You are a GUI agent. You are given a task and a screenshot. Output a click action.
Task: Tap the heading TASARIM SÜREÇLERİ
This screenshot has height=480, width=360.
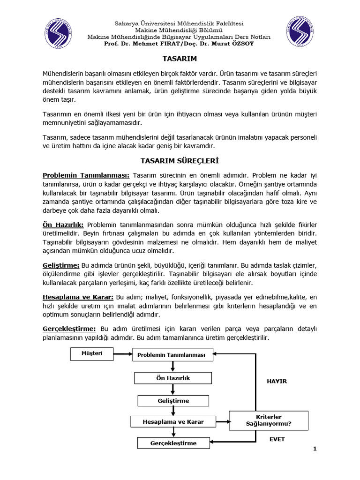tap(180, 160)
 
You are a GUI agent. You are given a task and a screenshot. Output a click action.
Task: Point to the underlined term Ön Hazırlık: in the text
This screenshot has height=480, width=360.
tap(63, 225)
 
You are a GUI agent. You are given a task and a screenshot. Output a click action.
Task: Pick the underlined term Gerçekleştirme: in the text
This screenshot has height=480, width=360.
tap(69, 329)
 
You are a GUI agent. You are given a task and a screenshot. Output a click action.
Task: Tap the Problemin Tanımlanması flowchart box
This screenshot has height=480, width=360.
tap(171, 355)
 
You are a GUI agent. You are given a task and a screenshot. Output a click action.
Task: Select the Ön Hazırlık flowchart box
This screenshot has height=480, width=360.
tap(173, 378)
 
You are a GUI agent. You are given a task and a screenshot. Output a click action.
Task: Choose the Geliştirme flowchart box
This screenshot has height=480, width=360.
tap(173, 401)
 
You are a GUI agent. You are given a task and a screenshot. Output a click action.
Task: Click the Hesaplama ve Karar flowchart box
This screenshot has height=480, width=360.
tap(173, 422)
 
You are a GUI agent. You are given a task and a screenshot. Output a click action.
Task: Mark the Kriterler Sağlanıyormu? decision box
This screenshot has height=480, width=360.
tap(269, 420)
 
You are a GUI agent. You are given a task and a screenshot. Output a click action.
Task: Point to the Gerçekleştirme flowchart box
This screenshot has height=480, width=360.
tap(173, 443)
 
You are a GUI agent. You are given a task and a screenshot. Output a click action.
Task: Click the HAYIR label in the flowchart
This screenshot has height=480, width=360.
tap(277, 381)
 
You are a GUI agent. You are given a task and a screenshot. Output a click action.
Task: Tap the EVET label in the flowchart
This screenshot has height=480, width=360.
tap(277, 440)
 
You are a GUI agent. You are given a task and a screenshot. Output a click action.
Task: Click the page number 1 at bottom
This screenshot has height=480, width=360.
tap(315, 449)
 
